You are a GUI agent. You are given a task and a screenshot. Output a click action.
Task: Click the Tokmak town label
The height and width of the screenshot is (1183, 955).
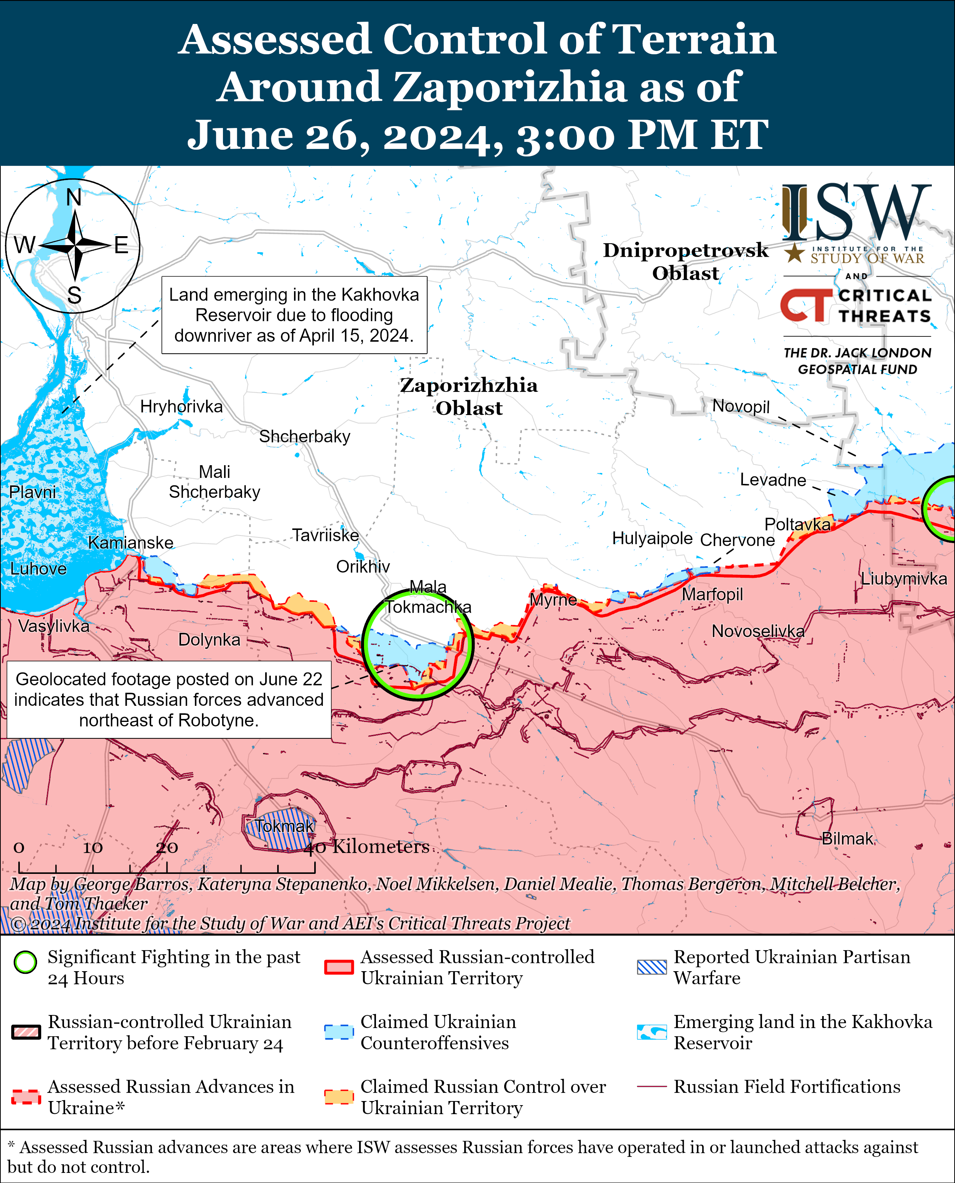pyautogui.click(x=284, y=826)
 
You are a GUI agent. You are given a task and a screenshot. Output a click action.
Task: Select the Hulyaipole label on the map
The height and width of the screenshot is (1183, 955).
pyautogui.click(x=652, y=538)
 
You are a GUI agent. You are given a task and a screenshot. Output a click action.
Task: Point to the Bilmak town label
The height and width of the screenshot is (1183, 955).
pyautogui.click(x=847, y=839)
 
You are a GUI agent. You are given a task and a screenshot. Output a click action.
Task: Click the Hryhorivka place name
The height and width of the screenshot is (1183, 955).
pyautogui.click(x=181, y=407)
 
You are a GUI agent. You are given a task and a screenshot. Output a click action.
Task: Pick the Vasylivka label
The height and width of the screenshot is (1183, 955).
pyautogui.click(x=53, y=626)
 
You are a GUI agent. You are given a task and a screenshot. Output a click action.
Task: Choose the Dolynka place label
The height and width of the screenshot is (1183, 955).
pyautogui.click(x=209, y=640)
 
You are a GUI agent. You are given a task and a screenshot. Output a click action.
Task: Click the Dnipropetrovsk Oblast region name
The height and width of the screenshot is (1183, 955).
pyautogui.click(x=685, y=261)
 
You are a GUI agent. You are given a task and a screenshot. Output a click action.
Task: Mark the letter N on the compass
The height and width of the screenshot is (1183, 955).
pyautogui.click(x=74, y=197)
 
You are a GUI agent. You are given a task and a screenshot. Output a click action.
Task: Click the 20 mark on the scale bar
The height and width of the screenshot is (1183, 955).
pyautogui.click(x=167, y=847)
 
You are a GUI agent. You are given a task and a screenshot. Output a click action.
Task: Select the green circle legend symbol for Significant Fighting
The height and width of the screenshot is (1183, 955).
pyautogui.click(x=25, y=962)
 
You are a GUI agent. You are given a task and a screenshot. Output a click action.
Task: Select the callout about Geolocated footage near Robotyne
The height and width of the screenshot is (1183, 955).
pyautogui.click(x=169, y=699)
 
